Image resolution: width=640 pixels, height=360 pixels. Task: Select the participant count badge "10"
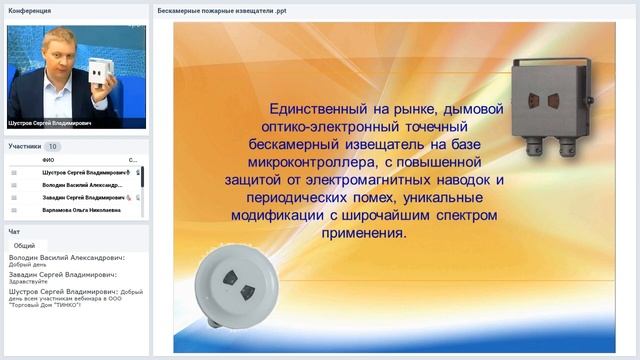53,146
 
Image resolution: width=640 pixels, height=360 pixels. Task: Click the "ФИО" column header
48,160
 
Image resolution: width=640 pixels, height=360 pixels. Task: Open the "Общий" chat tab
25,245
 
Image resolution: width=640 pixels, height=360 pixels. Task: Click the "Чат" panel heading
14,231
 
